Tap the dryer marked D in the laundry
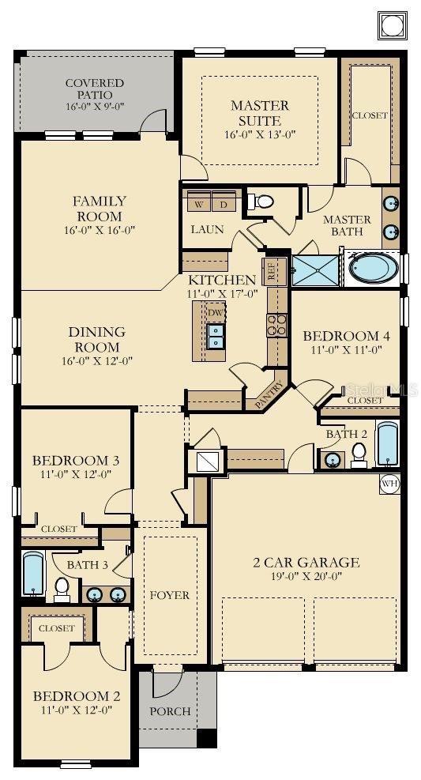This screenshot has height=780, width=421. [x=224, y=204]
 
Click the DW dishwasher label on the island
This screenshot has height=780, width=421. [x=216, y=313]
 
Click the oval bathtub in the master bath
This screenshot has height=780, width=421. [x=374, y=267]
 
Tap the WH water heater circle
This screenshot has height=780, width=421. [x=389, y=483]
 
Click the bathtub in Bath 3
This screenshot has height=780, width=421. [x=33, y=575]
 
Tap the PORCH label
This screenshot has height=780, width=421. [x=170, y=710]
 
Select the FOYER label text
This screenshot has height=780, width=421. [x=169, y=594]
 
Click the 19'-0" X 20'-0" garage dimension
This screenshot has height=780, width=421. [x=306, y=577]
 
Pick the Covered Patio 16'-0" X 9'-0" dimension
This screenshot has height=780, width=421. [x=95, y=106]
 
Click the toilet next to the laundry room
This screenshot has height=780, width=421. [x=264, y=202]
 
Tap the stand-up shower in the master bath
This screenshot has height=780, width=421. [x=315, y=268]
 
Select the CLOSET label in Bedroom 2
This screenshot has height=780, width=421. [x=57, y=628]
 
